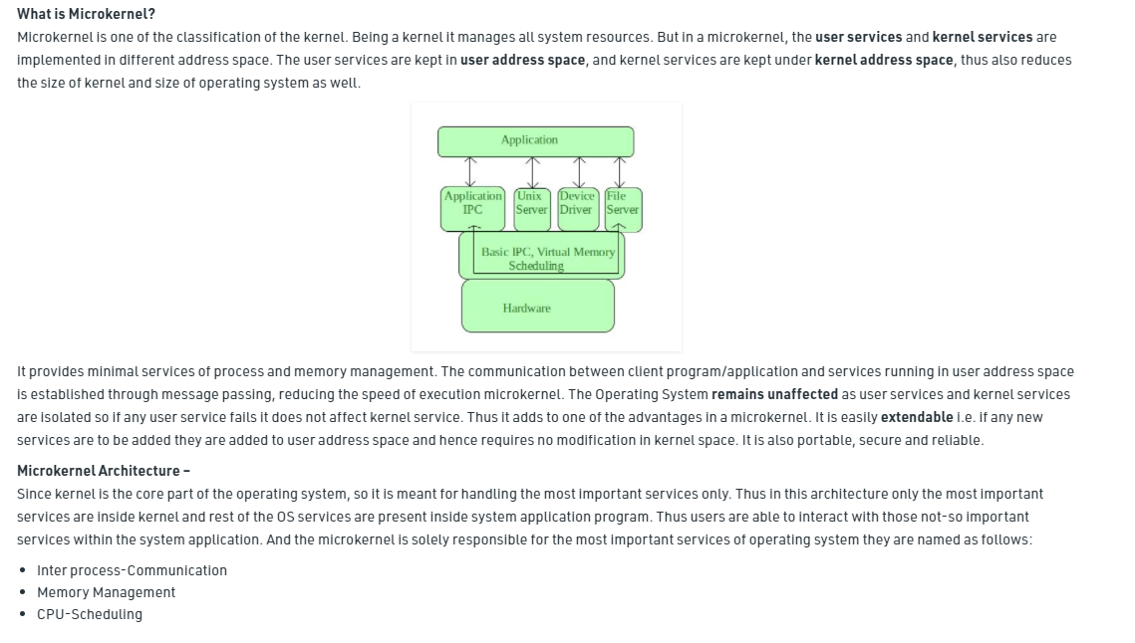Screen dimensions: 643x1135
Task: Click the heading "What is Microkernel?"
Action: (86, 14)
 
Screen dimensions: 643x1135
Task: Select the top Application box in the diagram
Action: (535, 141)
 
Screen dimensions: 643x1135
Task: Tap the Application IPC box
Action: (472, 208)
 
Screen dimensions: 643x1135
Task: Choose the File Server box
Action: (622, 208)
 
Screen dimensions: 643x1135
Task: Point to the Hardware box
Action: (537, 307)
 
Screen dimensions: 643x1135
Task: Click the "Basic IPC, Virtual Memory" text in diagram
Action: (547, 252)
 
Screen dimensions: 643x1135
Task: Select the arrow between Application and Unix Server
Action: (531, 172)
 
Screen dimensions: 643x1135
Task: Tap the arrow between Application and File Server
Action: (620, 172)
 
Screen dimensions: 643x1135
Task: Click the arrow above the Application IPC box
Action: (472, 172)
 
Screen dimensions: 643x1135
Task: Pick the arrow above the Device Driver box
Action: (579, 172)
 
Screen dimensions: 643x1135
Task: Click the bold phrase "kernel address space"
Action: (884, 60)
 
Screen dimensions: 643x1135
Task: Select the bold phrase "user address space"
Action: (523, 60)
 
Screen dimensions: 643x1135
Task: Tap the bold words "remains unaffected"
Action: (774, 394)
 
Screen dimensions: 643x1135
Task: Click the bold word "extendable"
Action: (916, 417)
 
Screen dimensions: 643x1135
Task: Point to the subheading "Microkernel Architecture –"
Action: (104, 471)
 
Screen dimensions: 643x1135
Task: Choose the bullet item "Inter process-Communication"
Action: (132, 570)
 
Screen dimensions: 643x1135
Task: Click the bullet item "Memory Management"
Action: (106, 592)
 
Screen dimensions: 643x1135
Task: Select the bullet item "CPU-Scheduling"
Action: (90, 614)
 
